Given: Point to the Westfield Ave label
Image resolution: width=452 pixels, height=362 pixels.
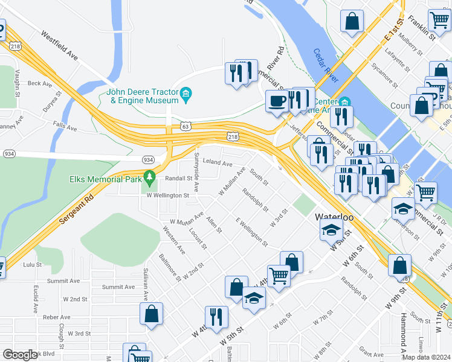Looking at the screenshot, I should pos(60,45).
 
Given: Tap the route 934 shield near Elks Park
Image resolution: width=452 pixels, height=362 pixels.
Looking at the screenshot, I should pos(148,159).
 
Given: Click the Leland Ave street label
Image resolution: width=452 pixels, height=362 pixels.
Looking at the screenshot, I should pos(218,163).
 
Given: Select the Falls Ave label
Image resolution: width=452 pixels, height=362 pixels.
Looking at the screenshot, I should pos(65,128).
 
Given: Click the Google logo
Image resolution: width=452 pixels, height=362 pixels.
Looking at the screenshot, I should pos(19,355).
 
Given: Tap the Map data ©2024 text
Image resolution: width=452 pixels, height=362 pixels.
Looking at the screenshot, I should pos(426,357).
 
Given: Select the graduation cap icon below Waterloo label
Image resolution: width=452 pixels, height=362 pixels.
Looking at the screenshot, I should pos(331,230).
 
